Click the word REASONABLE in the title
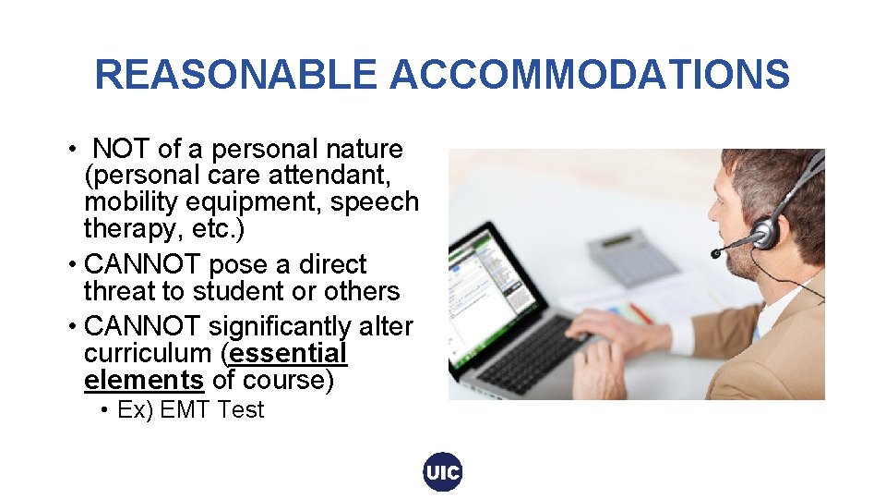point(235,75)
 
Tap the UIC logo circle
point(443,472)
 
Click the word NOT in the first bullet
point(124,149)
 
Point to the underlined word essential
point(288,353)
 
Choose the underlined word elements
point(143,379)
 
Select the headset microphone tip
point(717,252)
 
